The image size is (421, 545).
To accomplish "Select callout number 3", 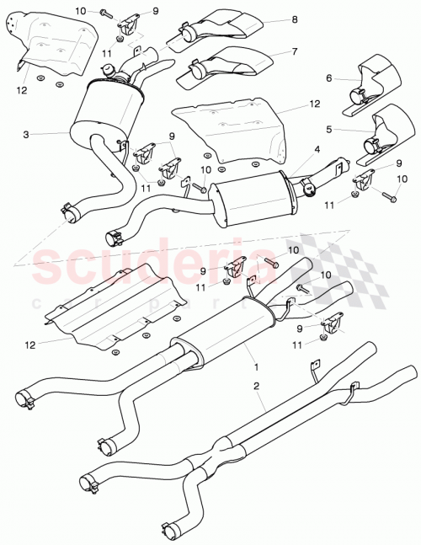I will point(27,134).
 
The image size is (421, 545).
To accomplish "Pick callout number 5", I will point(330,131).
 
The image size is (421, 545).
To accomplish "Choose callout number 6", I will point(330,79).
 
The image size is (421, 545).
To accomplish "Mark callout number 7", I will point(295,51).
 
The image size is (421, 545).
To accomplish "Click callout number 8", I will point(295,19).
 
